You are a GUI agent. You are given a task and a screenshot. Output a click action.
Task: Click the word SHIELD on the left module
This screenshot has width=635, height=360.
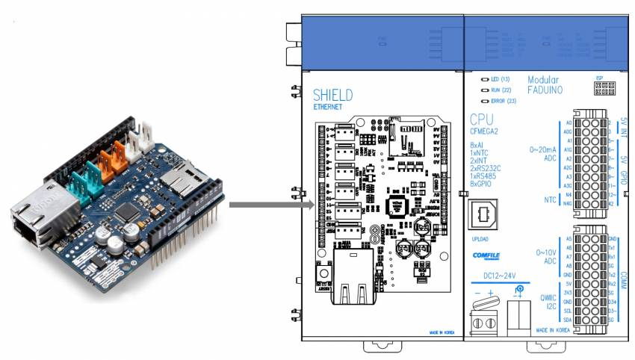[x=332, y=95]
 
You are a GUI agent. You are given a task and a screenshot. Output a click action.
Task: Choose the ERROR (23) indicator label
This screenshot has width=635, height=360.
[x=503, y=100]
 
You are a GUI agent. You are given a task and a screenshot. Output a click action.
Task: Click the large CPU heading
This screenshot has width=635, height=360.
[x=483, y=120]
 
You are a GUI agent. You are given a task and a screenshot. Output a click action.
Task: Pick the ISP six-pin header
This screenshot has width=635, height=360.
[x=599, y=87]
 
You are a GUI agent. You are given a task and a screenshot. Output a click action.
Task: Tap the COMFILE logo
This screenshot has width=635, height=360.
[x=486, y=255]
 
